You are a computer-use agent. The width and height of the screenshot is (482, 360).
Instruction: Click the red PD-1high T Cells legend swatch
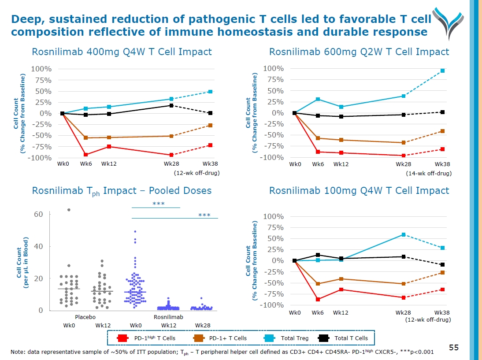point(122,338)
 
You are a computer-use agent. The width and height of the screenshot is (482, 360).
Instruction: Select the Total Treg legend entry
point(294,338)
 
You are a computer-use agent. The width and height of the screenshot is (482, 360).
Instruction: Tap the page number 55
point(454,348)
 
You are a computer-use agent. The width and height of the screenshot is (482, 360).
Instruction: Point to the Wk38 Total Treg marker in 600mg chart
point(442,71)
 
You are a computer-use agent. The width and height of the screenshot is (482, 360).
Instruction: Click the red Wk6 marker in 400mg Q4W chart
point(86,155)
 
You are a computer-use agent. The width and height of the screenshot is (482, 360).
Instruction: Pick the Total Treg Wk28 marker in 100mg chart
point(403,234)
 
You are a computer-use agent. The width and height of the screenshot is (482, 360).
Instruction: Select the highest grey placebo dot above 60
point(69,210)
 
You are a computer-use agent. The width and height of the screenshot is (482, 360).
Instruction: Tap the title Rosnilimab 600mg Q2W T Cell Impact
point(359,52)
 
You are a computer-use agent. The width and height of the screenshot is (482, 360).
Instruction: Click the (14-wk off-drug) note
point(428,174)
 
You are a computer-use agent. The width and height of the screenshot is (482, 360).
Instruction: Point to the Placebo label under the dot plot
point(85,317)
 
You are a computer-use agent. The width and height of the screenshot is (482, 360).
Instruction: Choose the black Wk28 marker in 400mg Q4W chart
point(171,105)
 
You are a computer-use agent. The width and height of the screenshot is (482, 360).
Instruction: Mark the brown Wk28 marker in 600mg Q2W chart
point(403,142)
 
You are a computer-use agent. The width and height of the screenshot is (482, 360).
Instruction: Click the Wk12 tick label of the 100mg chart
point(340,312)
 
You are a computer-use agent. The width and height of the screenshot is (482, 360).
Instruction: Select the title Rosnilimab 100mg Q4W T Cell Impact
point(359,191)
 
